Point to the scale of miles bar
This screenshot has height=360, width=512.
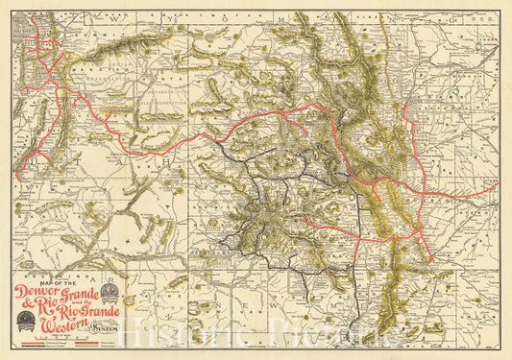(58, 344)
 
